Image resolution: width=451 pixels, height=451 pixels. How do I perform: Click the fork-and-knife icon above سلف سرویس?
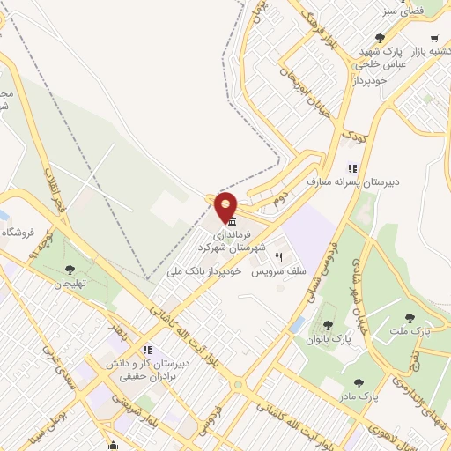tap(279, 258)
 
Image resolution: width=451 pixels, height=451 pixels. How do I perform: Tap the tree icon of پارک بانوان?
tap(329, 325)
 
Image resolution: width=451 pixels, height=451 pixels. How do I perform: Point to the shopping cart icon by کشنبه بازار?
tap(435, 38)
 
